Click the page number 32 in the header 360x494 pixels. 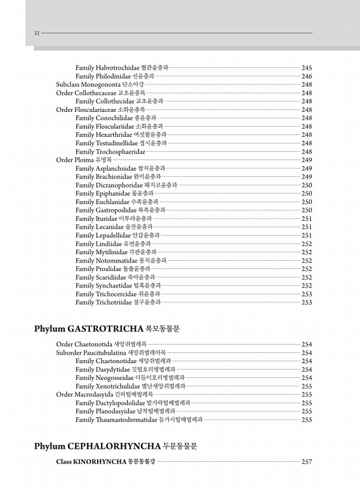pos(37,33)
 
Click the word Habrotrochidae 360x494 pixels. pos(117,68)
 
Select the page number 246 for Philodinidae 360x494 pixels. pos(307,76)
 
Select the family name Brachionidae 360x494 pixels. pos(115,177)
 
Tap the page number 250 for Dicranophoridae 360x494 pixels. pos(307,185)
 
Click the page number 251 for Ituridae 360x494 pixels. pos(307,218)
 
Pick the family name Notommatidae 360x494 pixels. pos(117,260)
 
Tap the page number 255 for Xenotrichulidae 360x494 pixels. pos(307,386)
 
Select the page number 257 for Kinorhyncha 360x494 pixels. pos(307,462)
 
